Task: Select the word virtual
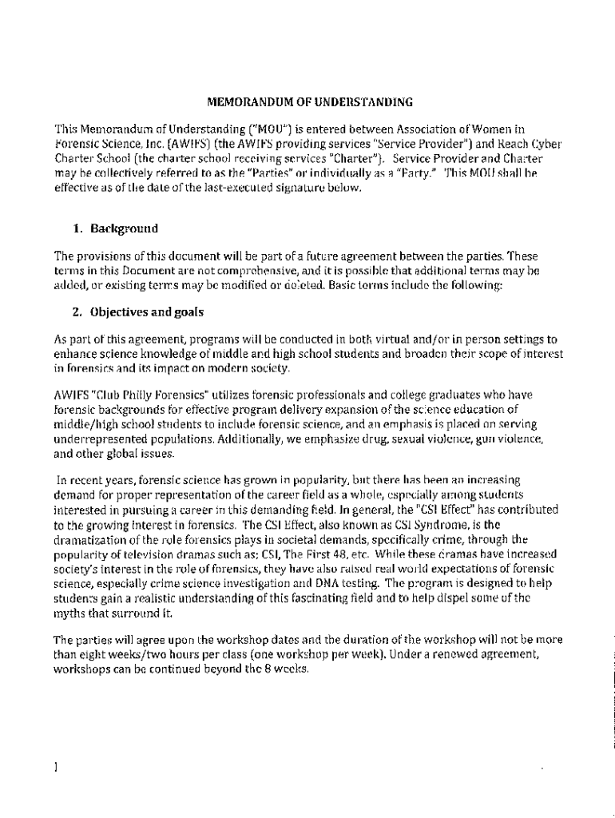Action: point(378,340)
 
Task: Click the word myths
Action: point(69,612)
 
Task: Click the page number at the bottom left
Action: point(55,768)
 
